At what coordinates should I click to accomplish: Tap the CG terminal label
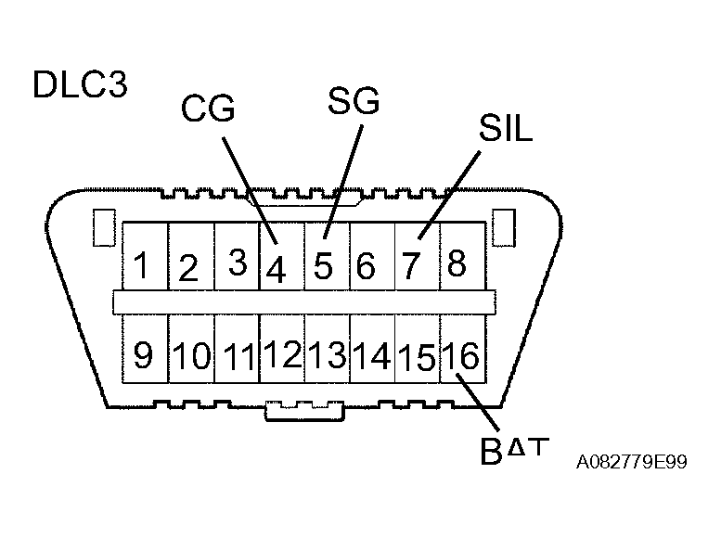[x=207, y=109]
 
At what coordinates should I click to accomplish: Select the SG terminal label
[x=354, y=101]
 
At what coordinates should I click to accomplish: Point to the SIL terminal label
[x=506, y=130]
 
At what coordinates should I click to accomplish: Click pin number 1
[x=142, y=265]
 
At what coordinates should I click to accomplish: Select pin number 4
[x=276, y=269]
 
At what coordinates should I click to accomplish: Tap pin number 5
[x=322, y=266]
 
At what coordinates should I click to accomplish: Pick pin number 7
[x=412, y=266]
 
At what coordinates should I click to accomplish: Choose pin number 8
[x=457, y=264]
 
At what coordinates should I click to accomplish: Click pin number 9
[x=143, y=355]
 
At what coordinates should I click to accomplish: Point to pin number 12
[x=281, y=354]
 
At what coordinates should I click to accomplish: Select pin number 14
[x=371, y=356]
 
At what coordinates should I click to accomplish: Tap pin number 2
[x=188, y=269]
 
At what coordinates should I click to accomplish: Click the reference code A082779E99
[x=631, y=462]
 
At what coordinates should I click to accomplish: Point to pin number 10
[x=192, y=356]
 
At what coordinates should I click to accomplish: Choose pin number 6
[x=367, y=267]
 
